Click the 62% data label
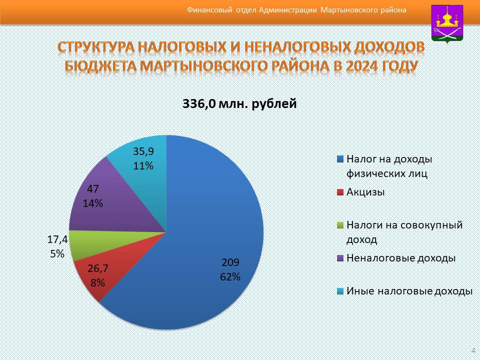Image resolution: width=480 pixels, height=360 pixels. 230,276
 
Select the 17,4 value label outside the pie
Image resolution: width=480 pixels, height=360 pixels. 57,239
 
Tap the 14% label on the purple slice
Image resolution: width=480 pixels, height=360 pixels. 93,203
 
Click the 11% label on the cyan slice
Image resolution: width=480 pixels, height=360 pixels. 143,166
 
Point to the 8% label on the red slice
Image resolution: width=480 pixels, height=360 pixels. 97,282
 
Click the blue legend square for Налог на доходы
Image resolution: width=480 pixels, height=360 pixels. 340,159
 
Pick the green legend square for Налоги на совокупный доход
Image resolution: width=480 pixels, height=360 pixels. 340,225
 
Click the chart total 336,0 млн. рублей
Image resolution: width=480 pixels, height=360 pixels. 239,104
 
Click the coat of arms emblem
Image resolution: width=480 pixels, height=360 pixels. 447,24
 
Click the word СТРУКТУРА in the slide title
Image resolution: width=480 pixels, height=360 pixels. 96,47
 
